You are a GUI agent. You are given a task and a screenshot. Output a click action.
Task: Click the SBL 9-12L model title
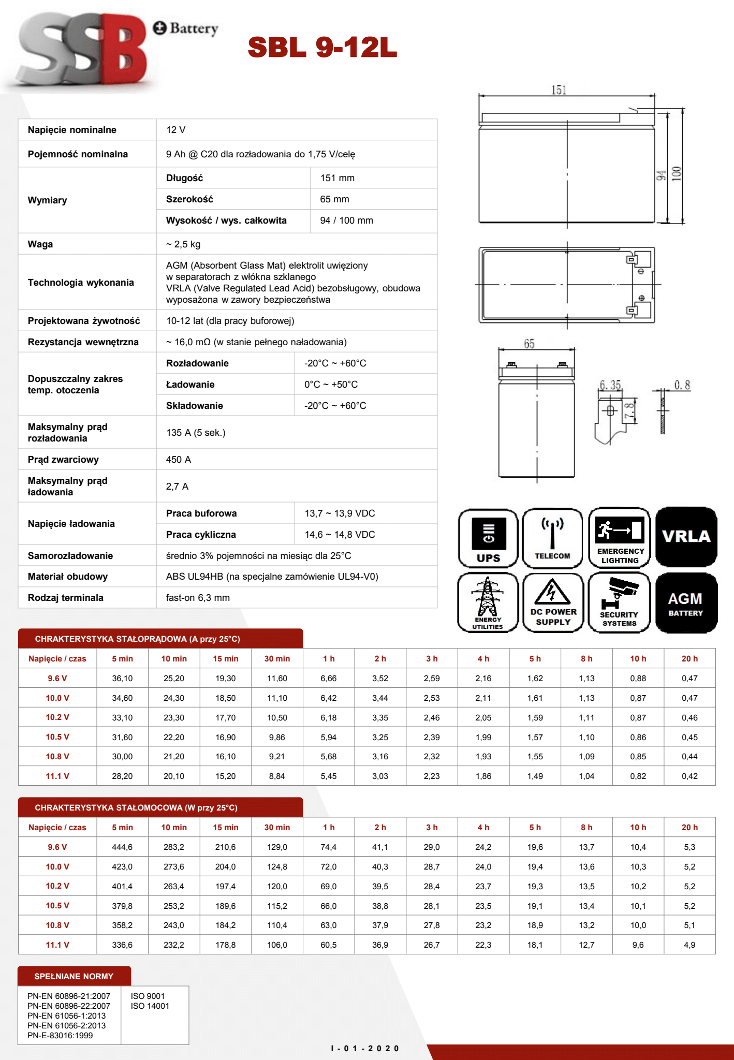pyautogui.click(x=322, y=47)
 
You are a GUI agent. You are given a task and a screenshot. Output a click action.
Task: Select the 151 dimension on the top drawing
pyautogui.click(x=559, y=90)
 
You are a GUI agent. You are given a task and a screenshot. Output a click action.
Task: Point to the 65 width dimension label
pyautogui.click(x=529, y=344)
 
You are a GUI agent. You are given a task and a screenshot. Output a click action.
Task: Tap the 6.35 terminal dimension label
pyautogui.click(x=610, y=385)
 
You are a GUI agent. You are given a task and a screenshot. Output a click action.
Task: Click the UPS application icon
pyautogui.click(x=488, y=538)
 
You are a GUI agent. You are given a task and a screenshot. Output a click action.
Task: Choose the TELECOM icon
pyautogui.click(x=552, y=538)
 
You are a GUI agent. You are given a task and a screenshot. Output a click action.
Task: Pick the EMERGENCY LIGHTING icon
pyautogui.click(x=620, y=538)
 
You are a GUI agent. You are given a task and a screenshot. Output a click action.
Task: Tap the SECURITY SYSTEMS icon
pyautogui.click(x=619, y=602)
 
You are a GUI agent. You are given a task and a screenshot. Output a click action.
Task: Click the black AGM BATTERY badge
pyautogui.click(x=686, y=602)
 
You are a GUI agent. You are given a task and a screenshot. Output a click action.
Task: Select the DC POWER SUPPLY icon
pyautogui.click(x=553, y=602)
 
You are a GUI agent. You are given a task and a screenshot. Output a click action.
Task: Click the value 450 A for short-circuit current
pyautogui.click(x=179, y=460)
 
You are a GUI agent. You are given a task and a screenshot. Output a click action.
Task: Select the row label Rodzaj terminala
pyautogui.click(x=66, y=598)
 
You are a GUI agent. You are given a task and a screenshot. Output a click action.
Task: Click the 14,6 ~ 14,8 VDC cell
pyautogui.click(x=340, y=535)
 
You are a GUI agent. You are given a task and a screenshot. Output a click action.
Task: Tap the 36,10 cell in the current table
pyautogui.click(x=122, y=679)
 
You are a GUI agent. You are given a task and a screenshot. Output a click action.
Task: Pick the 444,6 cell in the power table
pyautogui.click(x=122, y=847)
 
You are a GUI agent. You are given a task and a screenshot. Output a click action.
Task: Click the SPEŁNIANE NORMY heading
pyautogui.click(x=74, y=976)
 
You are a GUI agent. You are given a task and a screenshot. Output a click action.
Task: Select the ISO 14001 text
pyautogui.click(x=150, y=1006)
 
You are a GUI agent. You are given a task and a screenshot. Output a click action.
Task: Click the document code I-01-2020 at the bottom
pyautogui.click(x=365, y=1049)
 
